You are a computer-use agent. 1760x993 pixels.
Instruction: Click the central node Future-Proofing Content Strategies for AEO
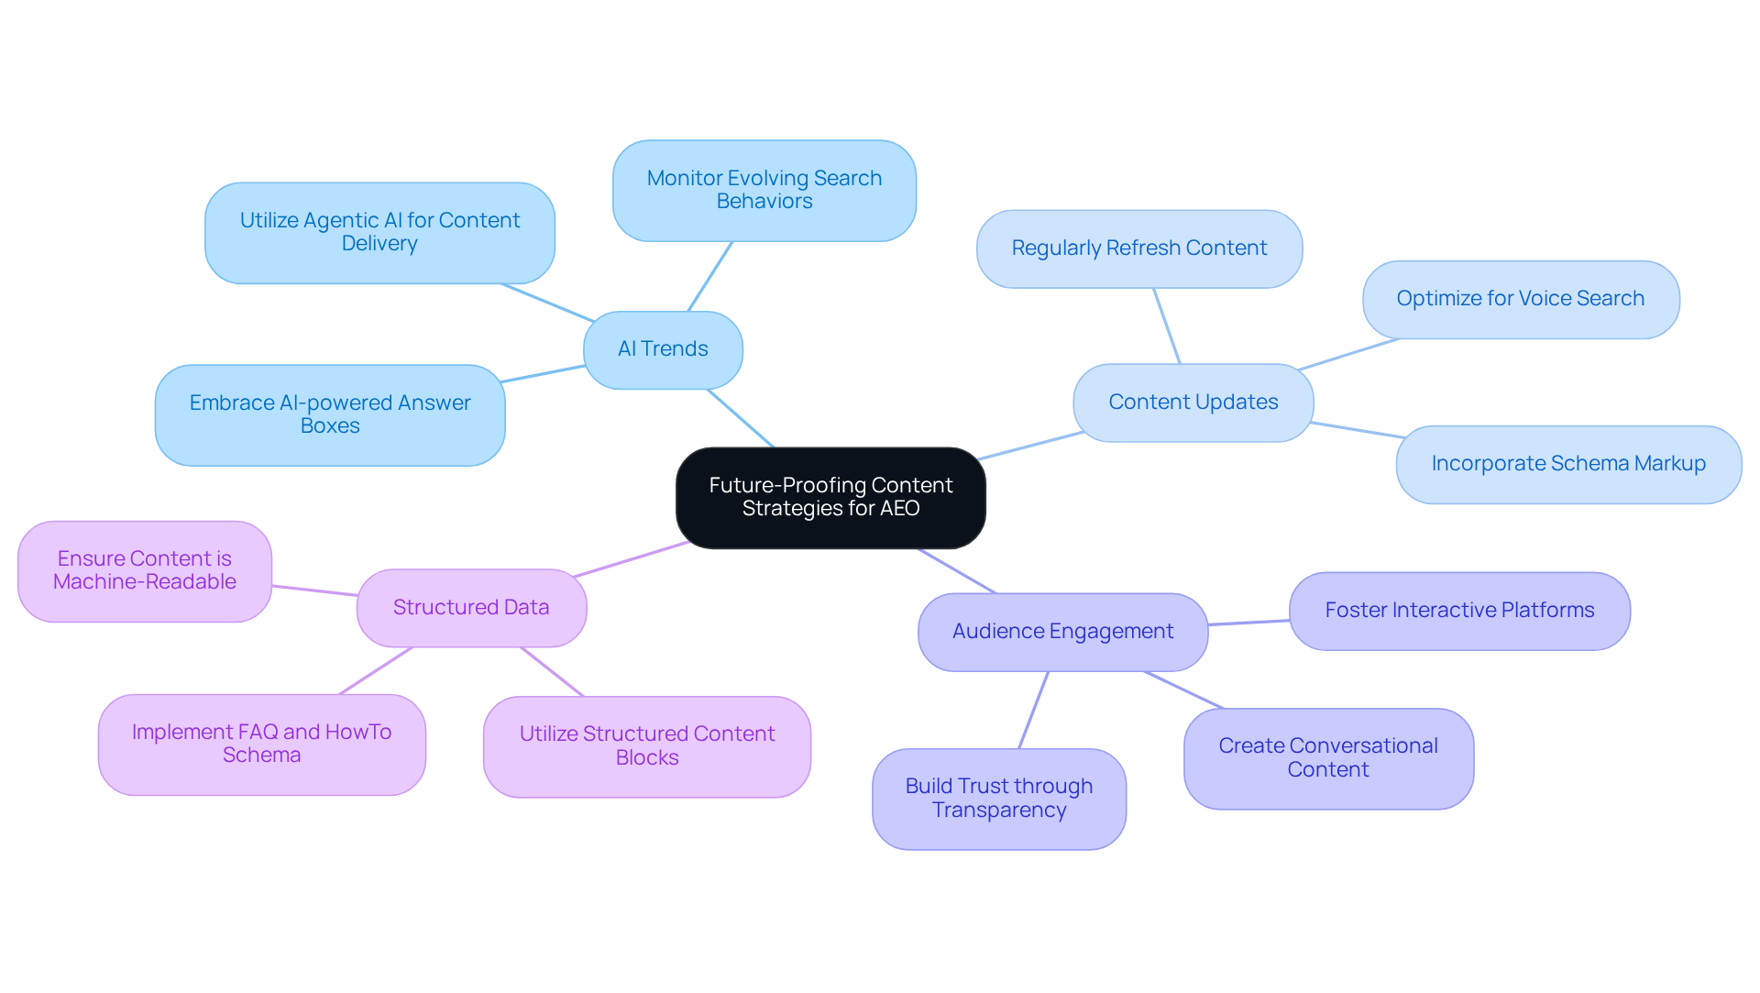(830, 497)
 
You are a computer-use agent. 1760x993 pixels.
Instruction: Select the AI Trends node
(663, 349)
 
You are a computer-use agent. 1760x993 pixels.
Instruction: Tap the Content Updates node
(1193, 403)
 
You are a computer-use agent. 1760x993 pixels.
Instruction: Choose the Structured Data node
(471, 608)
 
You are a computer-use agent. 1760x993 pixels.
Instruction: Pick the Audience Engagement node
(1062, 632)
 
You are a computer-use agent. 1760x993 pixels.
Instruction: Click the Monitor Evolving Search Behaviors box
(764, 190)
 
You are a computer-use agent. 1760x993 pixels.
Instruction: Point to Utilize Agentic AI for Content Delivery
(379, 232)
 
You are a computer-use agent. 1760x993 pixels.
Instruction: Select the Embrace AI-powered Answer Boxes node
(330, 414)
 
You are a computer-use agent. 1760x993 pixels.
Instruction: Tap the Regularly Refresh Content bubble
(1138, 248)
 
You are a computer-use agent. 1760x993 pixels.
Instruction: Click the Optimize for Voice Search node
(1520, 299)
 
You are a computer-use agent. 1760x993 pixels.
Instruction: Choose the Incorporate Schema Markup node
(1567, 464)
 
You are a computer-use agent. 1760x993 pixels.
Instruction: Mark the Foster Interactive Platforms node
(1459, 611)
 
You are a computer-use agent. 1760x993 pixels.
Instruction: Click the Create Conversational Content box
(1327, 758)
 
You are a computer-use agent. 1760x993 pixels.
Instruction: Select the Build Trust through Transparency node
(998, 799)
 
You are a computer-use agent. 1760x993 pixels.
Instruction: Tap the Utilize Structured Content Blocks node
(646, 746)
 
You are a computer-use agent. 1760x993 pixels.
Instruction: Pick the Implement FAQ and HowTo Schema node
(261, 744)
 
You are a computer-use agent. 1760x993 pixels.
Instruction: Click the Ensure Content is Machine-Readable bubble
(145, 570)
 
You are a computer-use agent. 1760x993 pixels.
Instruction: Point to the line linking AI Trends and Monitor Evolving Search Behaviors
(710, 276)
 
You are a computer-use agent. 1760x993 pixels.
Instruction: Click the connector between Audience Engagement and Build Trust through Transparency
(1034, 710)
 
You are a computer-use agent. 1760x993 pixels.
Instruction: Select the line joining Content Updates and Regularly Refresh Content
(1167, 326)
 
